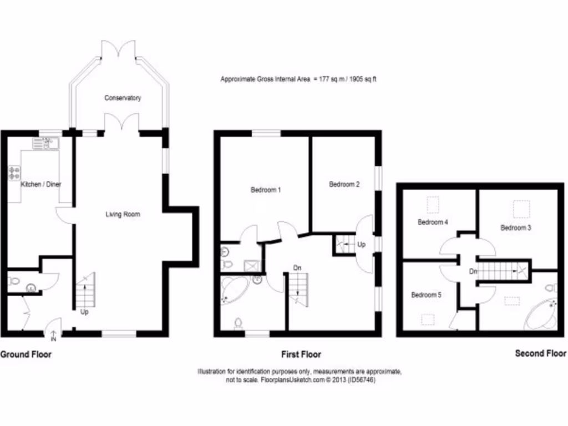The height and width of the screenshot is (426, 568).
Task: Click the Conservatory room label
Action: [x=123, y=98]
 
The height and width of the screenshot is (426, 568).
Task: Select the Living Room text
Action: [x=123, y=214]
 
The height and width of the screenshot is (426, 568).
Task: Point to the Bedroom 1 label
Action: [x=266, y=190]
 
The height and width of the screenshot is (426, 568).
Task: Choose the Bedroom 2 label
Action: [x=344, y=185]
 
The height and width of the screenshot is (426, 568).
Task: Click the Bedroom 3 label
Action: [x=516, y=228]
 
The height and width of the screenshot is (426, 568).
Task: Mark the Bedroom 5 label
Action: [x=426, y=296]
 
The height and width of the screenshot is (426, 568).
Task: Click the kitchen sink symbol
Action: [x=45, y=144]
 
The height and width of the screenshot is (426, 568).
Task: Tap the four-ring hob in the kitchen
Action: [x=14, y=173]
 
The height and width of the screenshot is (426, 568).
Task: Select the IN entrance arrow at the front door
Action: [x=54, y=336]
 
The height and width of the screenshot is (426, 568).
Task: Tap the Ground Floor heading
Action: [x=26, y=354]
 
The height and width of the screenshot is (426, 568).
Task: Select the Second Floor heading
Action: [x=540, y=353]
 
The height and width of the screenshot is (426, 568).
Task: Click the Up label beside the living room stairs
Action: [x=85, y=312]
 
